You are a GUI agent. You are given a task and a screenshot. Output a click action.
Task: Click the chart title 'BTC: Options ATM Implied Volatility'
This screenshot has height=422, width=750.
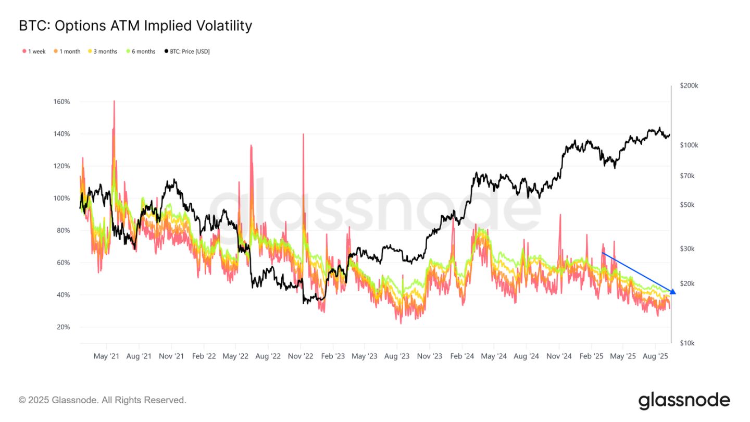click(x=135, y=26)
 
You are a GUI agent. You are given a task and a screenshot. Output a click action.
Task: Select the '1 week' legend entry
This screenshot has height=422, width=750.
click(x=34, y=52)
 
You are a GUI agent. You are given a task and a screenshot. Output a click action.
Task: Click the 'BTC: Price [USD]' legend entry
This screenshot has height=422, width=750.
click(x=187, y=52)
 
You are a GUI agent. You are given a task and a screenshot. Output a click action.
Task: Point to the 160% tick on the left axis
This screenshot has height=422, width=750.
click(x=61, y=102)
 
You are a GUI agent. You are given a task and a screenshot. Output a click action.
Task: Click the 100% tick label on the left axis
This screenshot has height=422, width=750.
click(x=61, y=198)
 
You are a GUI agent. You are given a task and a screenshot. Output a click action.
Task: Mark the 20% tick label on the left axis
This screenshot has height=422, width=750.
click(x=63, y=327)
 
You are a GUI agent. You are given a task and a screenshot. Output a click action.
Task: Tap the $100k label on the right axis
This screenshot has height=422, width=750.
click(x=689, y=145)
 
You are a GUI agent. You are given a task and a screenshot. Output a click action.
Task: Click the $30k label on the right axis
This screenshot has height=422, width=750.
click(x=687, y=249)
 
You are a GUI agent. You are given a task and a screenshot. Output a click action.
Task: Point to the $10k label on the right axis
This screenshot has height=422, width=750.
click(x=687, y=343)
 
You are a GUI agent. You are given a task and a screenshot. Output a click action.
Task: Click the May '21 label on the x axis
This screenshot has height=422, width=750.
click(x=107, y=356)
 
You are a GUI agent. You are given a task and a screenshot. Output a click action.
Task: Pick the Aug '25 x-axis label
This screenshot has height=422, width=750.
click(x=655, y=356)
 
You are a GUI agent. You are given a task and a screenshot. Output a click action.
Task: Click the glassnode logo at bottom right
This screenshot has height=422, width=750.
click(x=684, y=401)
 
